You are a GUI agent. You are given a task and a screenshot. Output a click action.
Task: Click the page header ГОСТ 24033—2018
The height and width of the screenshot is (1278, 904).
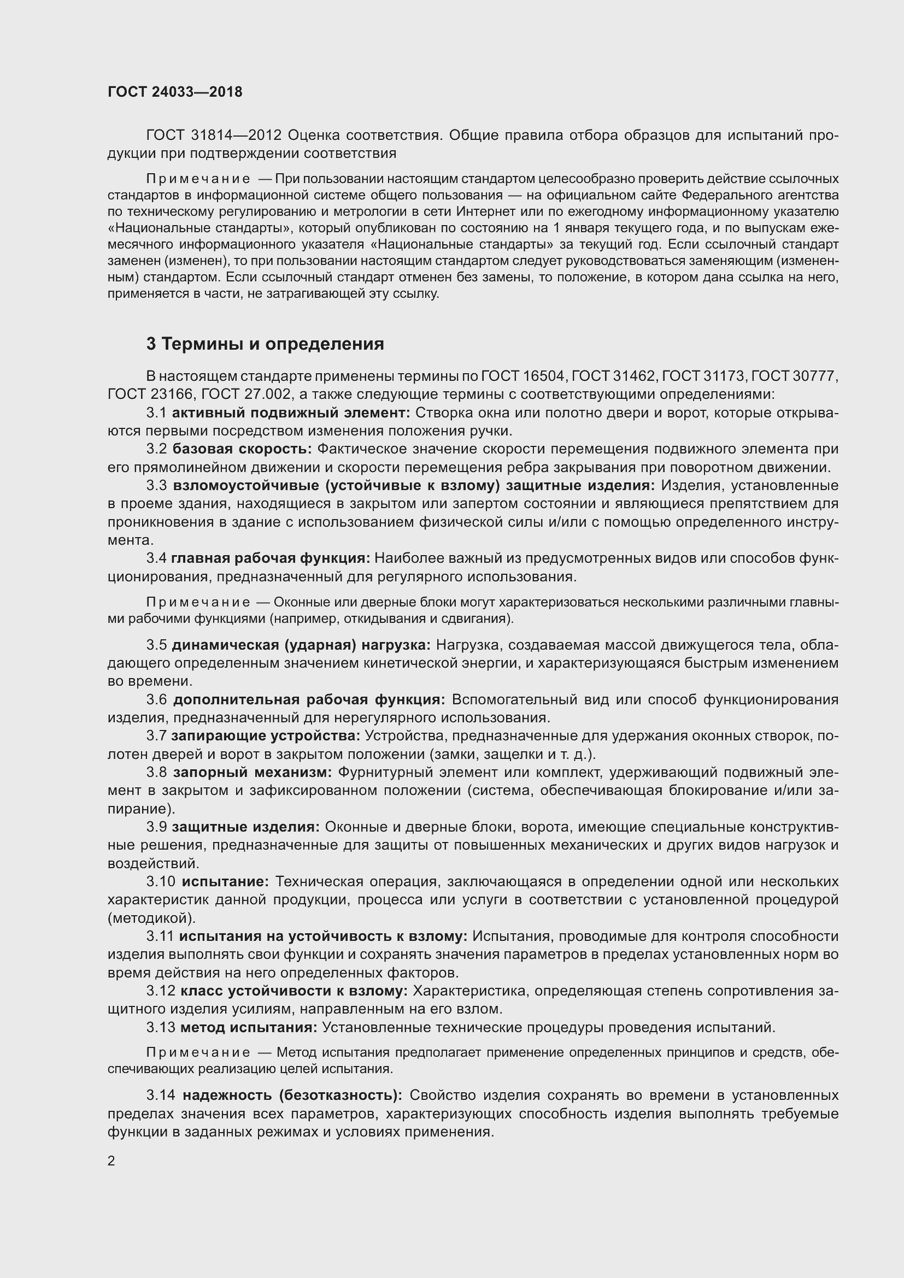175,92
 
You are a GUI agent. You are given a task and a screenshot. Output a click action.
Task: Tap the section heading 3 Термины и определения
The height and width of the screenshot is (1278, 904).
265,344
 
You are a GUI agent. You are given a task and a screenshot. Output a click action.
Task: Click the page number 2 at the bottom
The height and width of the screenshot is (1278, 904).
111,1161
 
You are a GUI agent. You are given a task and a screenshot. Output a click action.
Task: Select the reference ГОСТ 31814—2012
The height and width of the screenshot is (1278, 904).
214,136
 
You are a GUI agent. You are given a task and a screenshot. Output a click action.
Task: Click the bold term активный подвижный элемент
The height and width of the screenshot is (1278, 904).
291,413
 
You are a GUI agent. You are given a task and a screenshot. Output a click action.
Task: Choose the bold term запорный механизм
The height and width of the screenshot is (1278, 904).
252,772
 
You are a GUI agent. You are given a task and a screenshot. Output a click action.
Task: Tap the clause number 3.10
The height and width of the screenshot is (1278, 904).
161,881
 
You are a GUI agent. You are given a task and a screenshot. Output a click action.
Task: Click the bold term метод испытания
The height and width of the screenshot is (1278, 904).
248,1027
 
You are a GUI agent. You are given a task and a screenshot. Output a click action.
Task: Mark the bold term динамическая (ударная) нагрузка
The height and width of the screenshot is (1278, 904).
301,645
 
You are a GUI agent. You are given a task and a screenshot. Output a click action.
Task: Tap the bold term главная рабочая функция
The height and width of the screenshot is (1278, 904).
270,558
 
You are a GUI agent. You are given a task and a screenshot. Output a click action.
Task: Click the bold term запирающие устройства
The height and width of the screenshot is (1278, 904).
266,735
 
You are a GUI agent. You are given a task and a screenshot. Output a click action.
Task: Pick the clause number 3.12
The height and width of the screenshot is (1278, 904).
161,991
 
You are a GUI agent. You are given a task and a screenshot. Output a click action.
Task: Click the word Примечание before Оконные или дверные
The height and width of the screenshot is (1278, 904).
198,602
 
